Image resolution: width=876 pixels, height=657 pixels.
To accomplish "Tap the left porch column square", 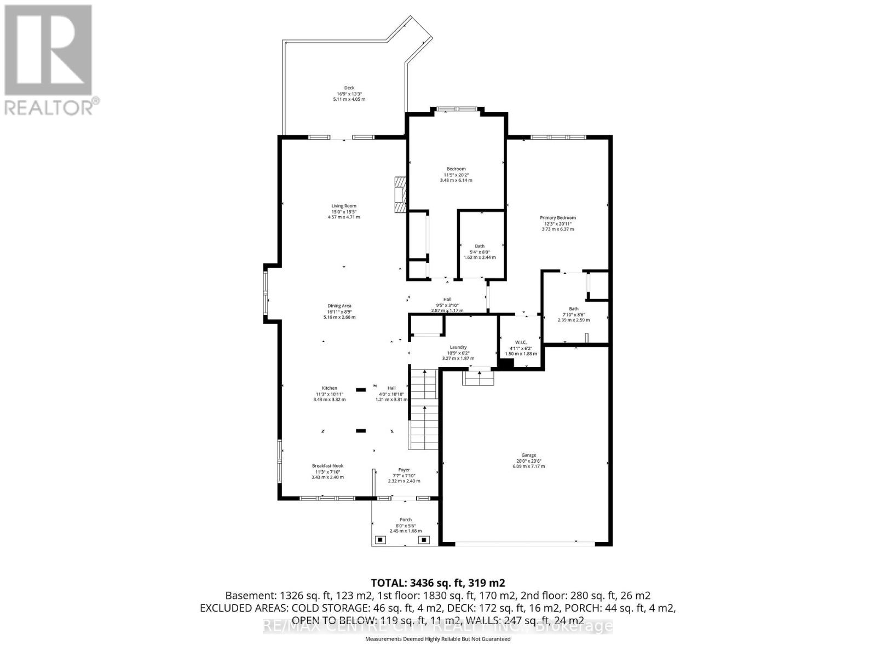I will coord(380,540).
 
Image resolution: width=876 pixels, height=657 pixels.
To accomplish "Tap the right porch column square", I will coord(424,540).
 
